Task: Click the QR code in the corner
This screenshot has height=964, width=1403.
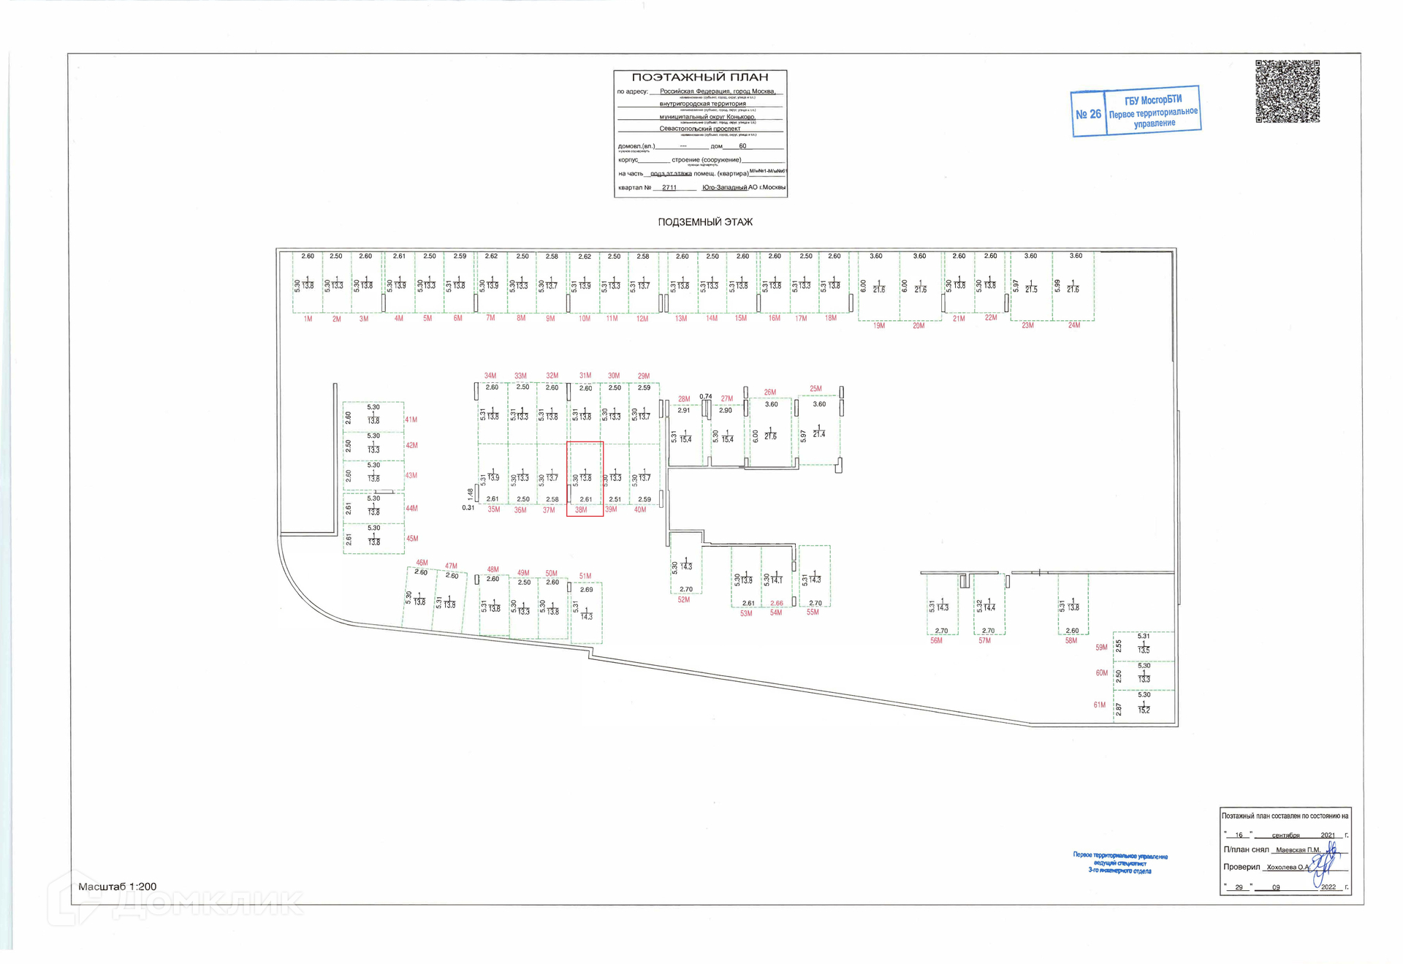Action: [1287, 91]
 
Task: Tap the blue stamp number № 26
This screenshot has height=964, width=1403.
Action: [1088, 114]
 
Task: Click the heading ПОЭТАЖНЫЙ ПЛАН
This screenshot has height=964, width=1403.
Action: [699, 77]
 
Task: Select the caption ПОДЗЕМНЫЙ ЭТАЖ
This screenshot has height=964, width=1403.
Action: [704, 222]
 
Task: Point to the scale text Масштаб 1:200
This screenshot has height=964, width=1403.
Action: [118, 887]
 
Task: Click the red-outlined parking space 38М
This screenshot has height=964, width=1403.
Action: [585, 478]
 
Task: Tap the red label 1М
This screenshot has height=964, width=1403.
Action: [308, 319]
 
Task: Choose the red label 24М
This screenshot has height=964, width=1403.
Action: [1073, 325]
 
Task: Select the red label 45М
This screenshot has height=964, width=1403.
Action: [412, 539]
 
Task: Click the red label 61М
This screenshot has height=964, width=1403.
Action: [1100, 705]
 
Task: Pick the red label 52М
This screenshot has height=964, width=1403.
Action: [683, 600]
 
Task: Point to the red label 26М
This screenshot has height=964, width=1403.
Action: [770, 392]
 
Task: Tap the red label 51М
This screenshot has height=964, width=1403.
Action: [585, 577]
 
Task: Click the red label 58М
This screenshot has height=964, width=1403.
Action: [1071, 641]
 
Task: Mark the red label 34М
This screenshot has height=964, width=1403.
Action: [490, 376]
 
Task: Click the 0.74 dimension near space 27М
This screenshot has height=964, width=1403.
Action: [705, 397]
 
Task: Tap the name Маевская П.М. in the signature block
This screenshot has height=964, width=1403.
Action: [1298, 850]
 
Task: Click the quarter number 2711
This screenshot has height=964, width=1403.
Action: [669, 188]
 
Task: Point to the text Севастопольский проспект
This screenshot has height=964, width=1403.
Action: [699, 129]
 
